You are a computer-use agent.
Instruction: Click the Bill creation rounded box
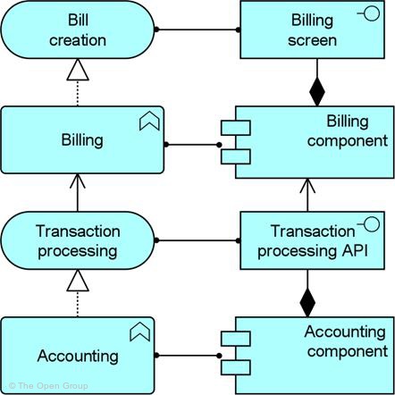click(x=78, y=29)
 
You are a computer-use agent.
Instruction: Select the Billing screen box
click(x=312, y=29)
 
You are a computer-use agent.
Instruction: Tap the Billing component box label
click(x=348, y=131)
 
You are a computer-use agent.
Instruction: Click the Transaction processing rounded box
click(x=78, y=240)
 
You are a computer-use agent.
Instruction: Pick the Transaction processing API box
click(x=312, y=240)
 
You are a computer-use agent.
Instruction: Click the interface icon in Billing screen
click(x=368, y=13)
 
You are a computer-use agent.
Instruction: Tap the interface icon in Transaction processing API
click(x=368, y=224)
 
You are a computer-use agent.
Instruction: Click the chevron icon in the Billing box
click(x=149, y=121)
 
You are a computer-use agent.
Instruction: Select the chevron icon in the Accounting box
click(x=140, y=332)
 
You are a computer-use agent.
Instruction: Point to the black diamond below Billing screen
click(x=317, y=91)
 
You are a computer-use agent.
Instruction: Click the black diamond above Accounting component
click(x=307, y=302)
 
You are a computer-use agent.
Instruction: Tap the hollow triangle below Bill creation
click(x=78, y=70)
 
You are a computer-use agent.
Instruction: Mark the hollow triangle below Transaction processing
click(x=78, y=281)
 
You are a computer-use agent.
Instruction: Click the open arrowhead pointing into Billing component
click(x=307, y=185)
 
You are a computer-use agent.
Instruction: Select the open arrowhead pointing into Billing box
click(x=78, y=181)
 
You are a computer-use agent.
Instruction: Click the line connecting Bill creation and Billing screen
click(x=197, y=29)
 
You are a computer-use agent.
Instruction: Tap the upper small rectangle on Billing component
click(x=236, y=128)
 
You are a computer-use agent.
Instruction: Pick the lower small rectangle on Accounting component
click(x=236, y=367)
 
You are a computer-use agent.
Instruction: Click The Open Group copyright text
click(x=48, y=386)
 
